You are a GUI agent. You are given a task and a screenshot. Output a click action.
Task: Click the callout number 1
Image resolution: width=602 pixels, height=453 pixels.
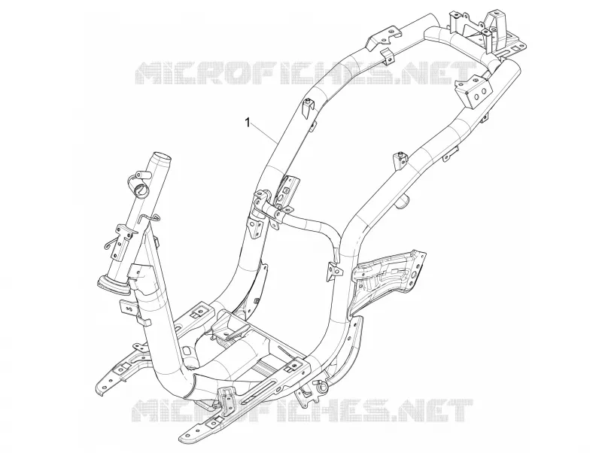tap(248, 122)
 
